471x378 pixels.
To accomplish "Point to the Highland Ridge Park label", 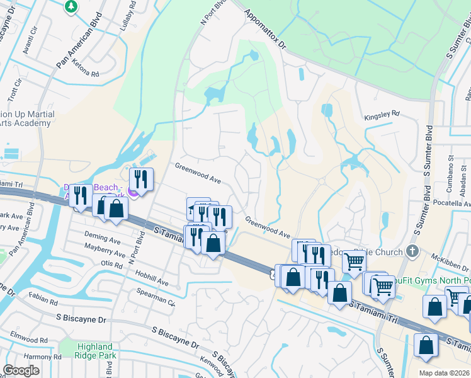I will coord(94,351).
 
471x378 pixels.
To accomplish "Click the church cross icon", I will coord(412,251).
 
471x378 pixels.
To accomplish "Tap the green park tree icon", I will coord(71,6).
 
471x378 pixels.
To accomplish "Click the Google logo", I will coord(21,370).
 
